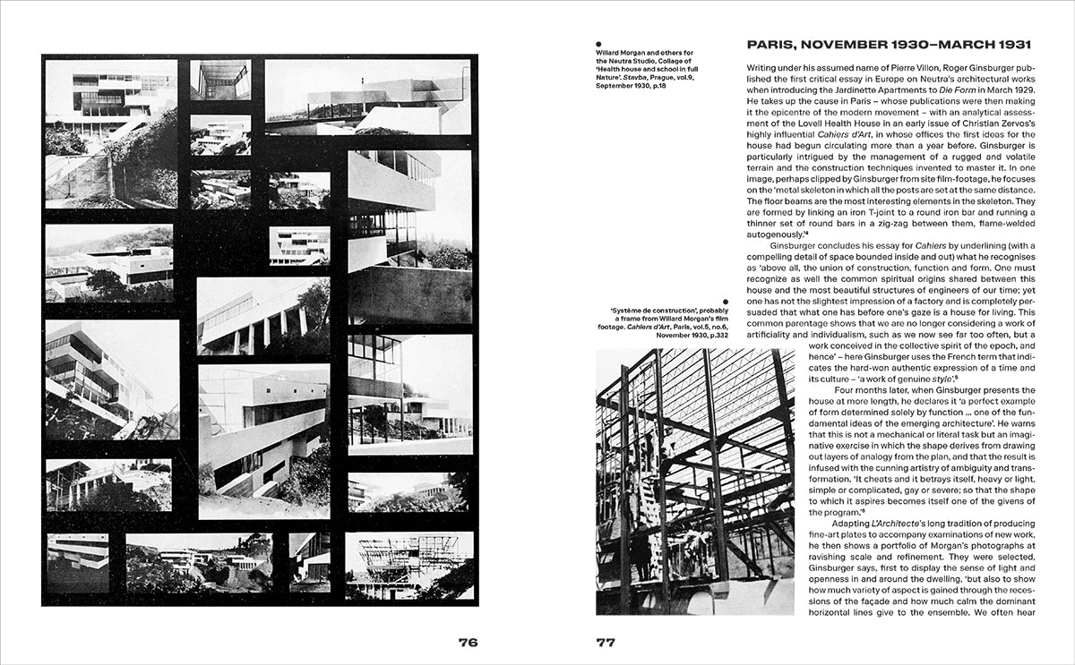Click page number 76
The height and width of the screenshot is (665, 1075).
coord(468,642)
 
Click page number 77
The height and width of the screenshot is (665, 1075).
coord(606,642)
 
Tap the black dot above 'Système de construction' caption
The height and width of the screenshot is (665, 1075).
coord(725,302)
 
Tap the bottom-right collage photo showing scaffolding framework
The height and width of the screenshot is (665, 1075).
coord(408,566)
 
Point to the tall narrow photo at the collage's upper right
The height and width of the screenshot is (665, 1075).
coord(408,235)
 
